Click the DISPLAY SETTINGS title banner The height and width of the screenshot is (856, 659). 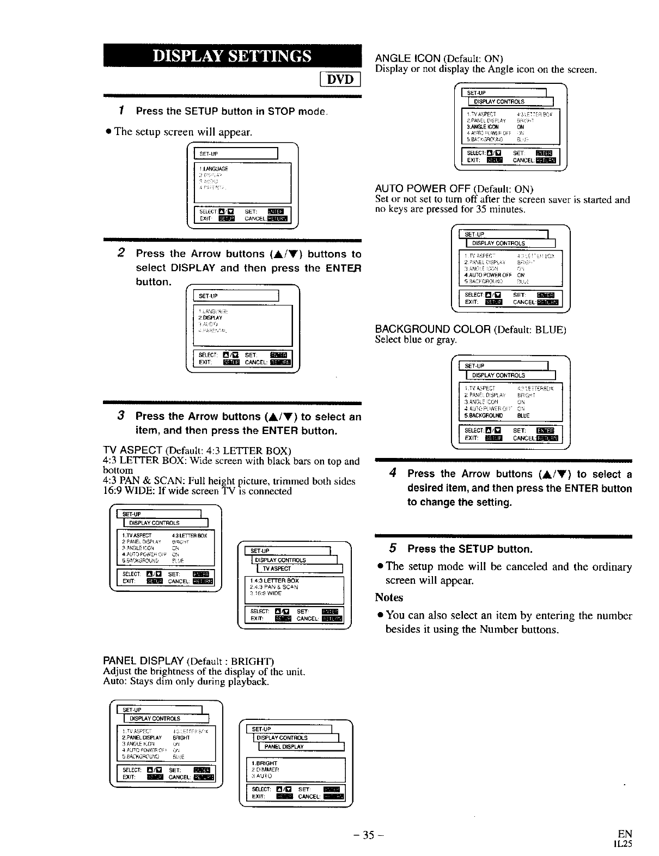pyautogui.click(x=233, y=57)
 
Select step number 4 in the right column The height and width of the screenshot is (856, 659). pyautogui.click(x=393, y=473)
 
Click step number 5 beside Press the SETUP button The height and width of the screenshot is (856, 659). pyautogui.click(x=393, y=548)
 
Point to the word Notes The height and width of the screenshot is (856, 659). pyautogui.click(x=389, y=597)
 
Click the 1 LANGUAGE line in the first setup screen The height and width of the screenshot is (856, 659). pyautogui.click(x=215, y=169)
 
